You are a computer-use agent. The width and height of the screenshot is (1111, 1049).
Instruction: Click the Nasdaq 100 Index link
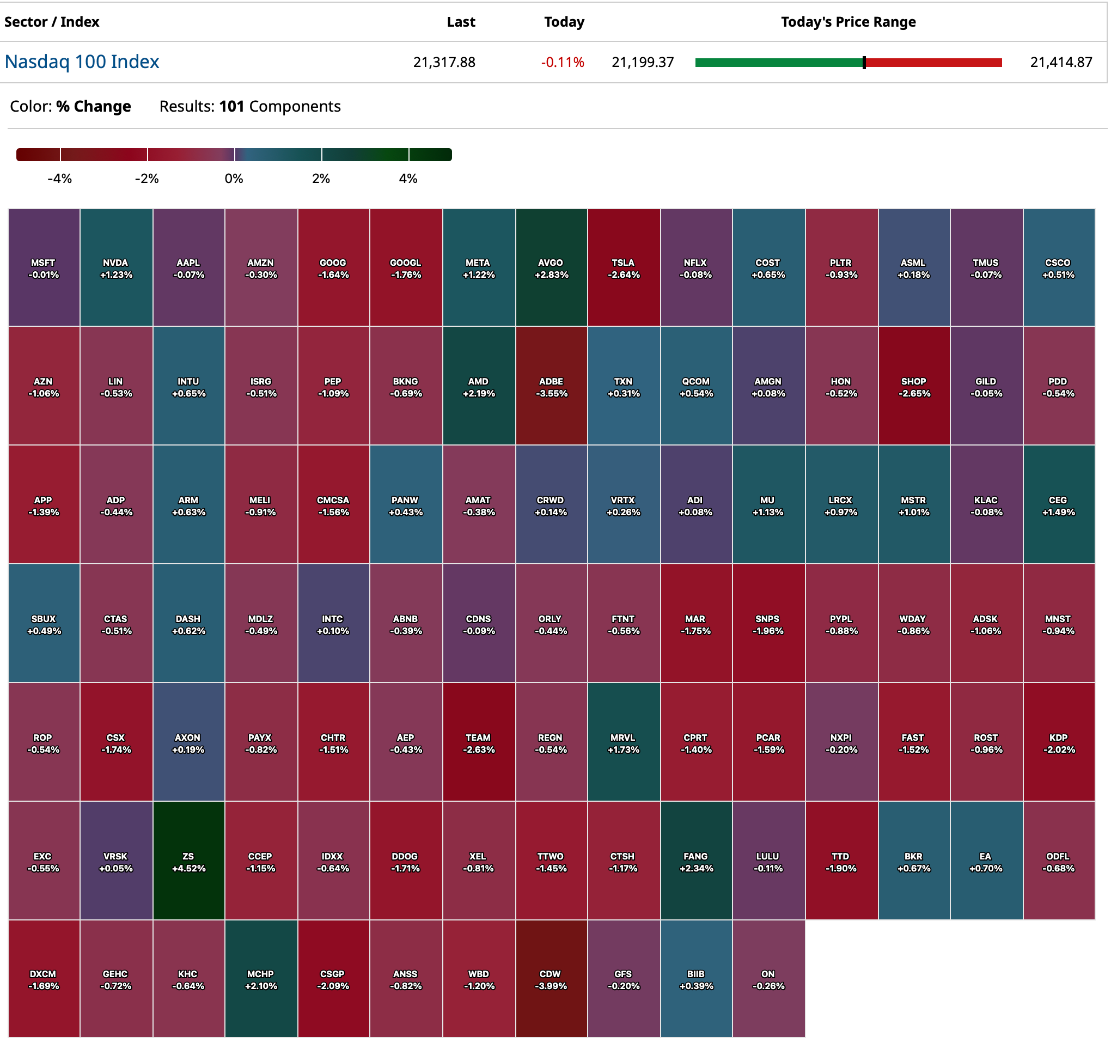82,62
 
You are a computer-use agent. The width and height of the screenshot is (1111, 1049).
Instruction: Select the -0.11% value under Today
563,62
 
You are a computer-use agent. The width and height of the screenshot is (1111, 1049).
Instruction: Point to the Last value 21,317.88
445,62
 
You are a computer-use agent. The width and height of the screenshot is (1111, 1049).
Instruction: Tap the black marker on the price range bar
865,63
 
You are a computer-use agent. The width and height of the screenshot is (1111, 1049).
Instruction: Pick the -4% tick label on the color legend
59,179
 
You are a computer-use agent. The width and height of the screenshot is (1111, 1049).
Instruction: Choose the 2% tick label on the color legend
321,179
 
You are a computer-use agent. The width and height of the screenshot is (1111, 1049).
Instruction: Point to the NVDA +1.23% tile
117,269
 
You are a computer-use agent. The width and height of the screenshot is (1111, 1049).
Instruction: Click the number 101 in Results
232,106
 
